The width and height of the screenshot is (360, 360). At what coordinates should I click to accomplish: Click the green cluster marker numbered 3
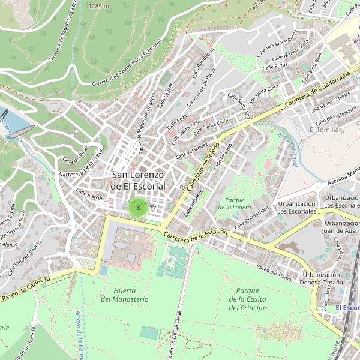click(138, 208)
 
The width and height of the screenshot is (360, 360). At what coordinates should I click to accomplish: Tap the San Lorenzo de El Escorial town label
click(138, 180)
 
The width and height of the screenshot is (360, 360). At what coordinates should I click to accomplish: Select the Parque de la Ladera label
click(235, 203)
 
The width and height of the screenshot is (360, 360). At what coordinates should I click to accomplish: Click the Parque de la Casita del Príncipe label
click(247, 299)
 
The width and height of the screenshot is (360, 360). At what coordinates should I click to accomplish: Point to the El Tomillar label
click(325, 130)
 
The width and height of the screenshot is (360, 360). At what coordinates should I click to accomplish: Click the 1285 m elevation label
click(98, 6)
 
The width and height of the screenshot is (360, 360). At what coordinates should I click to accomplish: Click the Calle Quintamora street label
click(251, 217)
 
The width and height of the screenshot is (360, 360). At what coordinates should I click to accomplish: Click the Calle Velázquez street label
click(192, 151)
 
